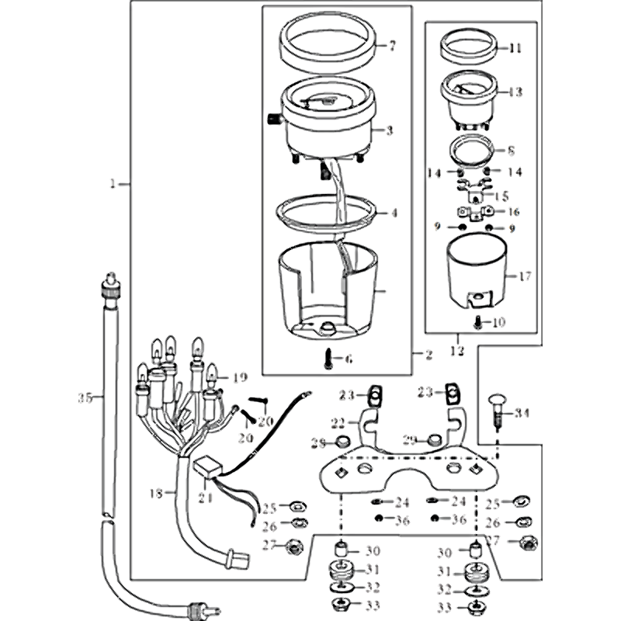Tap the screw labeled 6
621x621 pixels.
tap(329, 358)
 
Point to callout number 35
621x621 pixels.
tap(85, 397)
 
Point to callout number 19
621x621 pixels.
tap(239, 378)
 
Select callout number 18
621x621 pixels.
tap(155, 493)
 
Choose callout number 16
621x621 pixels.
tap(513, 212)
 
